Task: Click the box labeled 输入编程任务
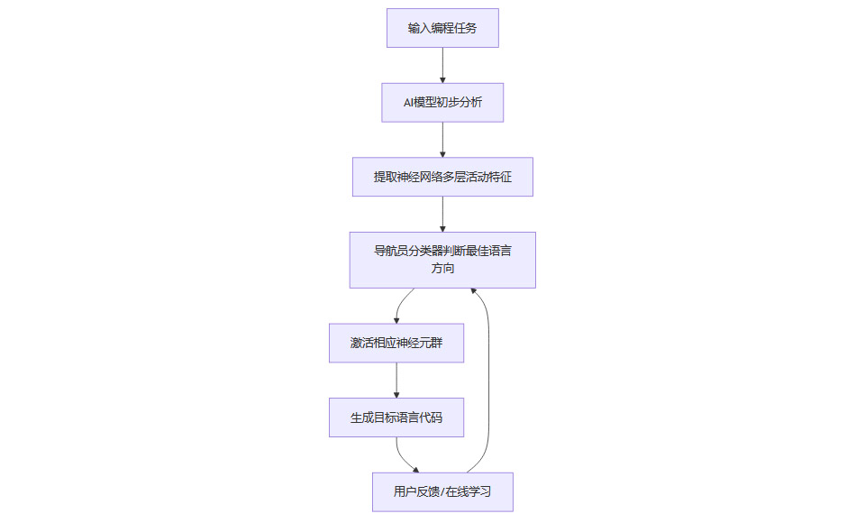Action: pos(442,28)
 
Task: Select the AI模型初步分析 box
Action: pos(442,102)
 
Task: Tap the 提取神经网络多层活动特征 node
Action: pos(442,177)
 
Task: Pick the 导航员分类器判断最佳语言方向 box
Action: pos(442,260)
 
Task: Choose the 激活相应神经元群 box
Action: pos(396,343)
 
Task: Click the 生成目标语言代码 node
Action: pos(396,417)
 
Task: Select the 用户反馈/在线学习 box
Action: pos(442,491)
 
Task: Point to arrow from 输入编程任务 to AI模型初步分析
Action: pos(442,65)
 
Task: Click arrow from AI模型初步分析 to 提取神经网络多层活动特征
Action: pos(442,140)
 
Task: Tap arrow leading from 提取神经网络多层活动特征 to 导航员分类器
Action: pos(442,215)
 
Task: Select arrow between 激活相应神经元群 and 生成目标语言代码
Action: pos(396,380)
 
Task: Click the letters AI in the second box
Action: pos(409,103)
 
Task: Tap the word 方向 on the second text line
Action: pos(442,269)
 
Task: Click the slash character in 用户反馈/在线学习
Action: pos(442,492)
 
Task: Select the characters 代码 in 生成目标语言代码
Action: pos(431,418)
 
